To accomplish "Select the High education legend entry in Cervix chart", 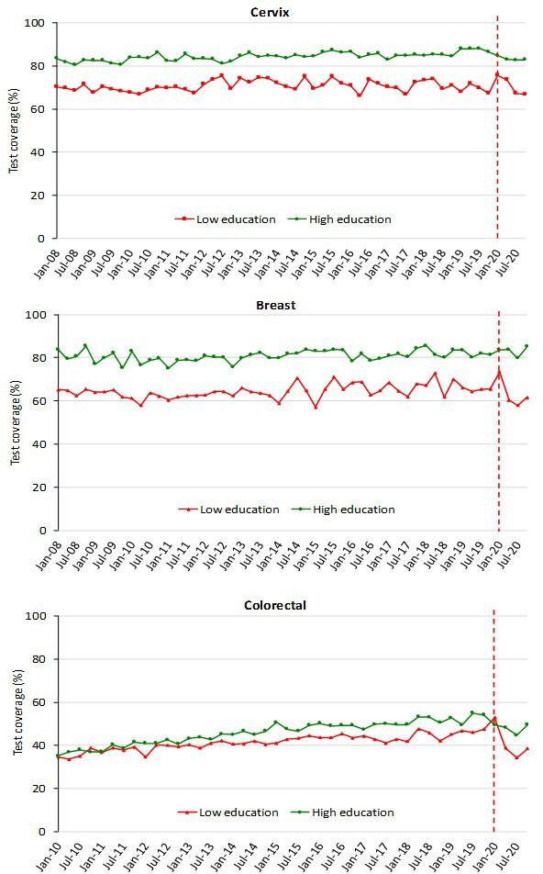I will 348,219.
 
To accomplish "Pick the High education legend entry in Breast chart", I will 352,510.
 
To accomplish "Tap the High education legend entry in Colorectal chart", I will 351,812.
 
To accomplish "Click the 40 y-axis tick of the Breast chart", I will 41,444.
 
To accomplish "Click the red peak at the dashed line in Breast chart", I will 498,372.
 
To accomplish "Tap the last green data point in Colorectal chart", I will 526,723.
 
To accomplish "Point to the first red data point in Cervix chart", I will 56,86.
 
